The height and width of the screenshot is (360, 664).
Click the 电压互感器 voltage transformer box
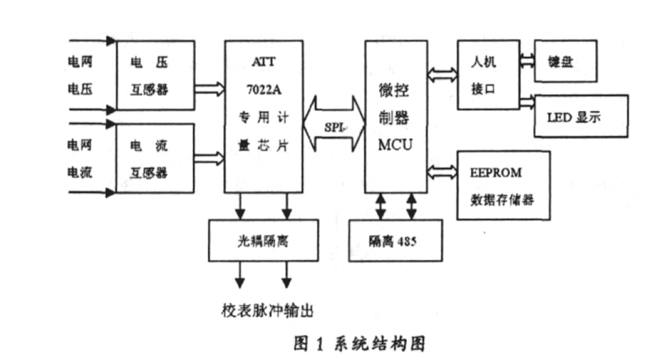coord(155,76)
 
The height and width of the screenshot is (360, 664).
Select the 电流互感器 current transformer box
coord(155,158)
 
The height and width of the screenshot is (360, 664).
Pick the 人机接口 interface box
coord(488,75)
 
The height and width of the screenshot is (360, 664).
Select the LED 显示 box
coord(579,116)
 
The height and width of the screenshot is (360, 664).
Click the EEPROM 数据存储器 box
coord(504,185)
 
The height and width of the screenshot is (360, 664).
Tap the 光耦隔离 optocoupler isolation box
coord(263,241)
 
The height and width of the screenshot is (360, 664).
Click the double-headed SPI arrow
coord(334,125)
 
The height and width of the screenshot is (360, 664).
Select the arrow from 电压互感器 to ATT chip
coord(209,88)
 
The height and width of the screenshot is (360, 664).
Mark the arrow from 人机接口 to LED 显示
coord(527,100)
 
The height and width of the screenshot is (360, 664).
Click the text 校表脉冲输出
coord(266,310)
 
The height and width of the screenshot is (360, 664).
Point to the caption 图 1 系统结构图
coord(360,344)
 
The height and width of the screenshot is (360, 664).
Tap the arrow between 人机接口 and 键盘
coord(527,61)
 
